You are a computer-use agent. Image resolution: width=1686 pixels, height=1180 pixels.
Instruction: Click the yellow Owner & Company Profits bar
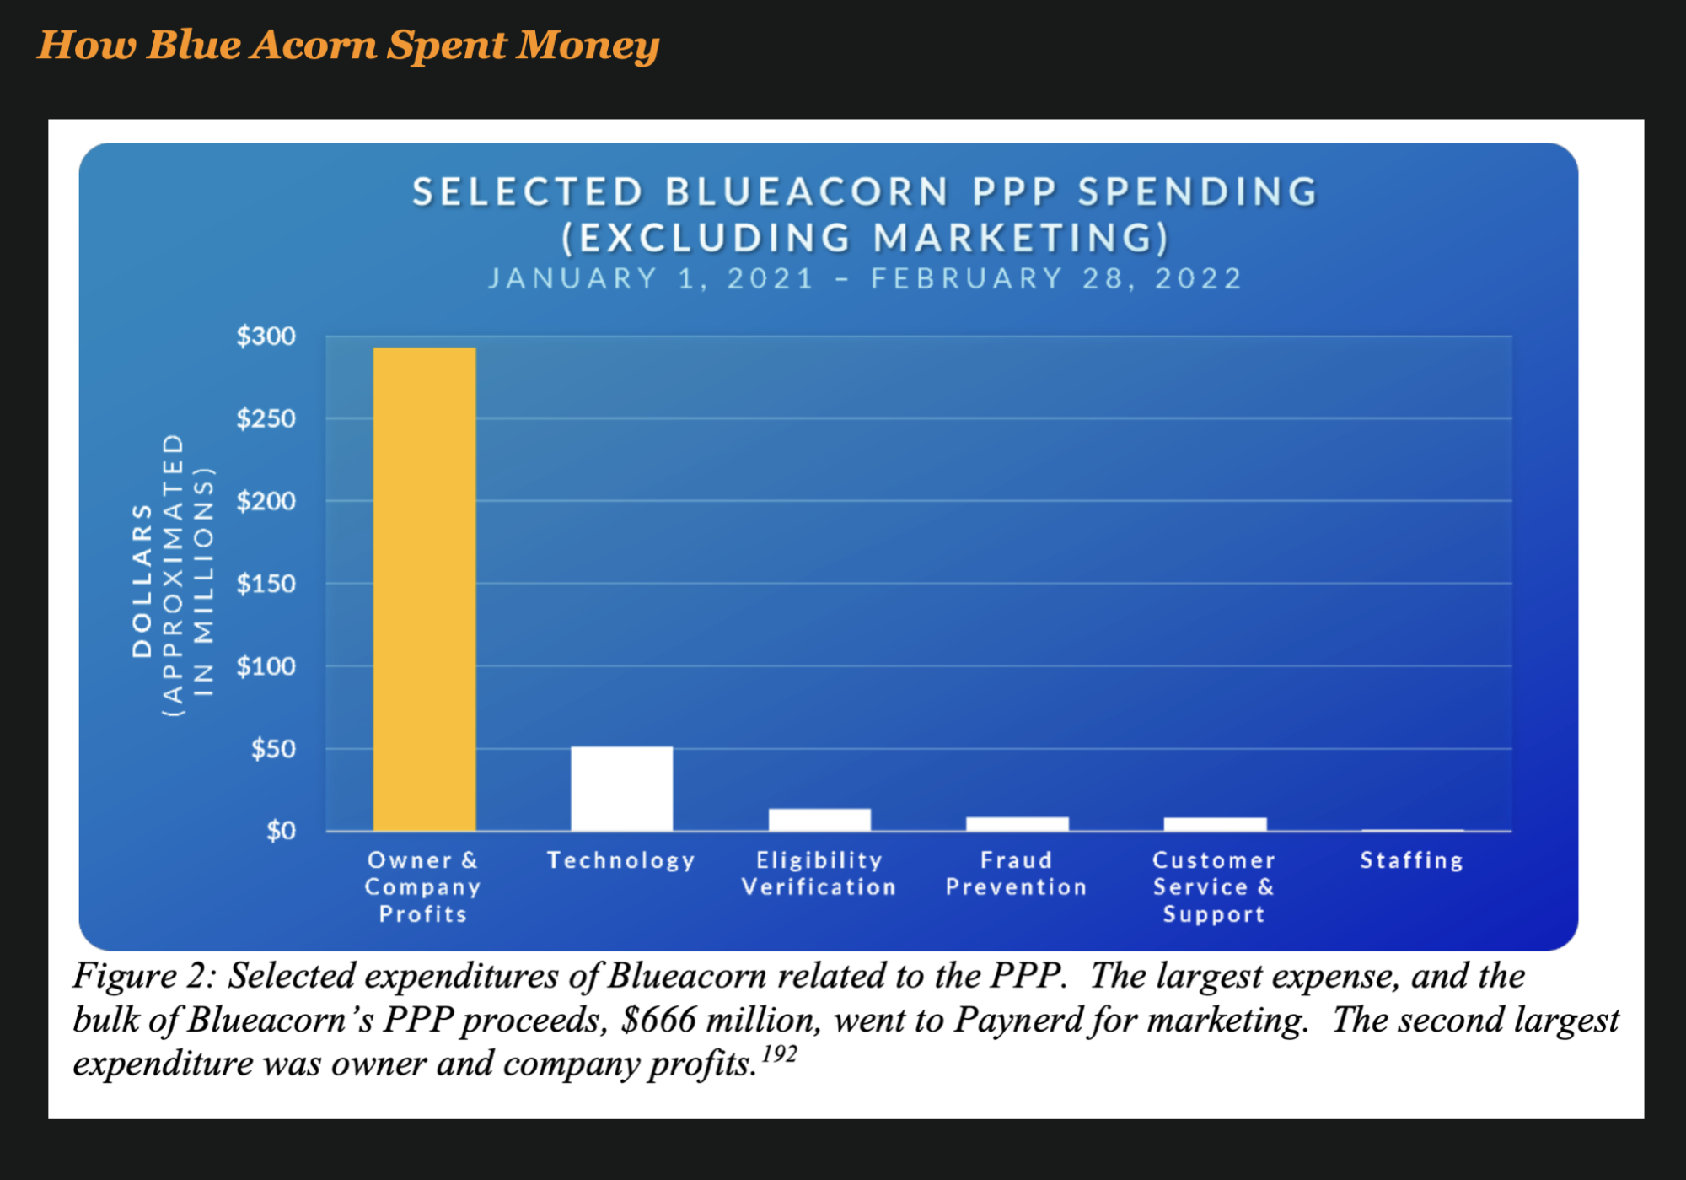tap(424, 589)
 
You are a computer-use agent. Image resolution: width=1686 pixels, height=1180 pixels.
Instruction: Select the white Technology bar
tap(621, 789)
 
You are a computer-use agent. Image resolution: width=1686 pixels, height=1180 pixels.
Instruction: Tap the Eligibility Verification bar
tap(819, 820)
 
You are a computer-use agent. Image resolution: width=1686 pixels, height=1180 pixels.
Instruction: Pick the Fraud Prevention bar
tap(1017, 824)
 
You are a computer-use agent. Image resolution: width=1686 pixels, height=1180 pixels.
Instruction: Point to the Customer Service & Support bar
tap(1215, 824)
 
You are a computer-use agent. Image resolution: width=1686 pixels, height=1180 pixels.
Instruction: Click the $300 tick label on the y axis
tap(266, 337)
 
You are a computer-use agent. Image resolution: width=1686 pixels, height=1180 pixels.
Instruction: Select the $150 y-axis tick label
tap(266, 584)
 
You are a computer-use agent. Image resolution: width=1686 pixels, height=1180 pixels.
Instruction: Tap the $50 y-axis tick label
tap(273, 749)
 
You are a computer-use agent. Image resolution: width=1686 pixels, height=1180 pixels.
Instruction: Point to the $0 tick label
tap(281, 832)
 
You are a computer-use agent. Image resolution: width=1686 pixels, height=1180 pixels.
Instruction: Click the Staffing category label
tap(1412, 860)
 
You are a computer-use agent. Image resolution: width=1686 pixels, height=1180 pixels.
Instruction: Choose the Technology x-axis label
tap(621, 860)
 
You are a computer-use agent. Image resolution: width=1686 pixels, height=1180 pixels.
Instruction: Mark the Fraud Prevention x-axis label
tap(1017, 874)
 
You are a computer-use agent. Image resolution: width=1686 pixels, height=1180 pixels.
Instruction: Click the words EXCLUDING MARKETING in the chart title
tap(866, 237)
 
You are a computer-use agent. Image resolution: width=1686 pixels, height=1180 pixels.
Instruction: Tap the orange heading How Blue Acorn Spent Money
tap(348, 45)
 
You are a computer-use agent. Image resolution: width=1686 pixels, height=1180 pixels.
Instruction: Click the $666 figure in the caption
tap(659, 1020)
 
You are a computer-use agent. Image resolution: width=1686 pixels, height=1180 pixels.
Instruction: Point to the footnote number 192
tap(779, 1054)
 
